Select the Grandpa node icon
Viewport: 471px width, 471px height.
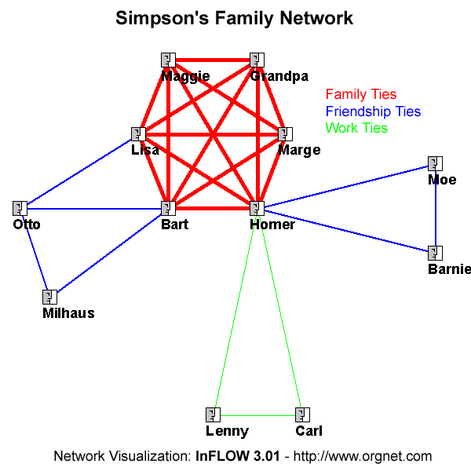[x=256, y=60]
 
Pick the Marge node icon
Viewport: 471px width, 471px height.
[x=284, y=134]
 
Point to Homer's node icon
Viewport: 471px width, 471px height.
[x=256, y=208]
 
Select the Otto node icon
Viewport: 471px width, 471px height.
[x=20, y=208]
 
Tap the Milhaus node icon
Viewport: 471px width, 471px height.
[x=49, y=297]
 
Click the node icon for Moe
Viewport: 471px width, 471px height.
[x=435, y=163]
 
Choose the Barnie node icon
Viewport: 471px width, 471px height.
[x=435, y=253]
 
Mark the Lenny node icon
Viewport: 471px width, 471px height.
[x=212, y=414]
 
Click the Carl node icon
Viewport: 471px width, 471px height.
[x=301, y=414]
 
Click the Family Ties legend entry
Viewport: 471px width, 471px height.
[x=361, y=95]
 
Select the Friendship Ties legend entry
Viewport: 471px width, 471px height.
[x=373, y=111]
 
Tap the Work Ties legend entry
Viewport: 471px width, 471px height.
[x=356, y=128]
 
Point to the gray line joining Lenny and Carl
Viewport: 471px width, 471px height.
[x=257, y=414]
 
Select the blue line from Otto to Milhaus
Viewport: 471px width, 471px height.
[x=35, y=253]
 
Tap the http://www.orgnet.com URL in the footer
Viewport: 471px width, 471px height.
[x=363, y=455]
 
